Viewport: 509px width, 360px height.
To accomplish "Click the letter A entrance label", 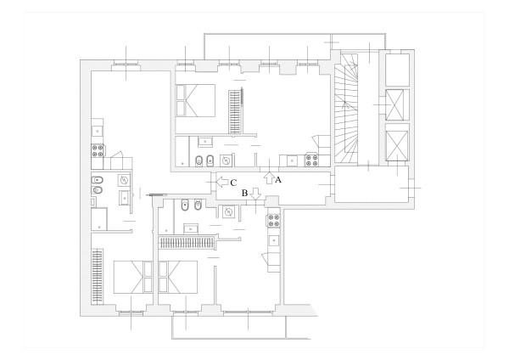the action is tap(278, 179).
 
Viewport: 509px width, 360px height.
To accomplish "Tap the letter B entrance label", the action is tap(245, 194).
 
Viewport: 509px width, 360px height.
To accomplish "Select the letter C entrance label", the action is tap(233, 183).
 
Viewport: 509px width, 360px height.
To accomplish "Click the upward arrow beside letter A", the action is tap(269, 178).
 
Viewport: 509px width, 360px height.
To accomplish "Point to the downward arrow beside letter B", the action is tap(256, 194).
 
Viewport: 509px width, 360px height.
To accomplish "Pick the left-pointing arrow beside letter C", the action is tap(222, 182).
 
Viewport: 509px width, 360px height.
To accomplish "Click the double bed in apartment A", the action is tap(195, 100).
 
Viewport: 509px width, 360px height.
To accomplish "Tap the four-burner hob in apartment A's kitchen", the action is tap(311, 160).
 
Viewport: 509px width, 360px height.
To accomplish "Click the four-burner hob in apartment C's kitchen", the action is tap(98, 150).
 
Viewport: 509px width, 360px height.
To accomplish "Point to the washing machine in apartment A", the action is tap(226, 160).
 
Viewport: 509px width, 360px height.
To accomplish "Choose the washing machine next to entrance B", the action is tap(228, 212).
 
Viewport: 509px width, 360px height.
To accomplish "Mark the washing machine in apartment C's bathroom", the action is tap(124, 180).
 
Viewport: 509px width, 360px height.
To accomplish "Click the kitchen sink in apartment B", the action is tap(274, 241).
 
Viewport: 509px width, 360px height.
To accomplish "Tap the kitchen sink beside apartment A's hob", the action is tap(293, 160).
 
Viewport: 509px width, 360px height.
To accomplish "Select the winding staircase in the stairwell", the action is tap(347, 110).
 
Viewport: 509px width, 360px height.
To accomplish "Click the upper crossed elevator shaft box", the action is tap(394, 105).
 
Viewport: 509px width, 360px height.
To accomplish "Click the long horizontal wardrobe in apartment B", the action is tap(187, 243).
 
